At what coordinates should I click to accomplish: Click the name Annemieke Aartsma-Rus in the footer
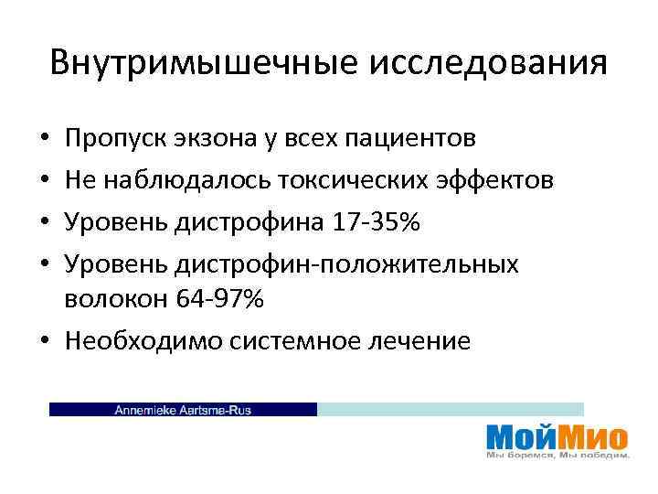(182, 410)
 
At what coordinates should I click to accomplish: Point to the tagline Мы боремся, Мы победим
(557, 455)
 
